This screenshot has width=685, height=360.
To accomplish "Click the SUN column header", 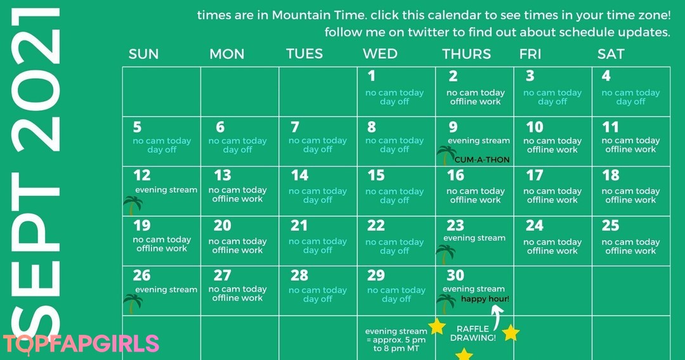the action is click(x=143, y=54).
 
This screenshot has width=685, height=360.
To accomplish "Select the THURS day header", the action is click(x=466, y=54).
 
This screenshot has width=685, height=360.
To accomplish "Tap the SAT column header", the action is click(x=611, y=54).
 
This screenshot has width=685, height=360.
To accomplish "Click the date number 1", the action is click(x=371, y=76).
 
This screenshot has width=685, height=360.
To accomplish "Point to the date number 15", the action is click(x=375, y=175).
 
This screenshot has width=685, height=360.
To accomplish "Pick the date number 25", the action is click(x=610, y=225).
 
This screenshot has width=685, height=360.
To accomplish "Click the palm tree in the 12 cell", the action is click(x=133, y=205).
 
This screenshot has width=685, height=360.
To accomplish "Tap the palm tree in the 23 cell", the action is click(x=446, y=254).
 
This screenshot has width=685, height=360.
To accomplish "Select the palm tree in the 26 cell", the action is click(x=133, y=304).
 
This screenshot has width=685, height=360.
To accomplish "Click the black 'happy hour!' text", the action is click(x=485, y=299).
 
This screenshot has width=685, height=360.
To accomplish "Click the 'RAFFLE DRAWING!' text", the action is click(x=473, y=333).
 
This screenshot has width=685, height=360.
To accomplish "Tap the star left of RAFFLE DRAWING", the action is click(x=437, y=326).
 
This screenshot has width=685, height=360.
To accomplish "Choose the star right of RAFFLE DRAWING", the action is click(x=511, y=333).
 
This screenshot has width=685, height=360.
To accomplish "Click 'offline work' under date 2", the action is click(x=475, y=101).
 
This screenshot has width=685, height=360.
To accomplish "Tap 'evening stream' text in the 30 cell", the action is click(x=474, y=289).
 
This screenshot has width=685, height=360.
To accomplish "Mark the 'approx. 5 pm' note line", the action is click(x=396, y=340).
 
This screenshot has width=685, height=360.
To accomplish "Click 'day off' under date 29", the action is click(x=396, y=299).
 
